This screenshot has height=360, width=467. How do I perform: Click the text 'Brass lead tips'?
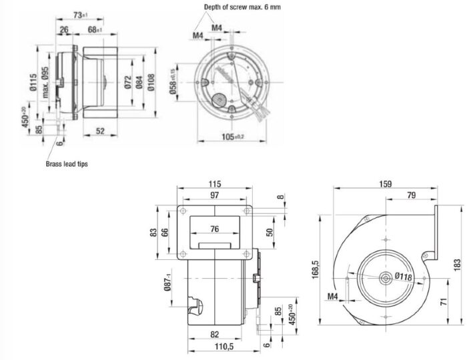click(67, 163)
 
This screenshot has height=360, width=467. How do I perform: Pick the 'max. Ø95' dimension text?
click(45, 81)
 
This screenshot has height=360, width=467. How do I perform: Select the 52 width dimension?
click(100, 131)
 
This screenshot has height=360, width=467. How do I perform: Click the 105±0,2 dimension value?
click(232, 137)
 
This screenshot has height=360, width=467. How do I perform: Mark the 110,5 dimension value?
click(215, 347)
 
